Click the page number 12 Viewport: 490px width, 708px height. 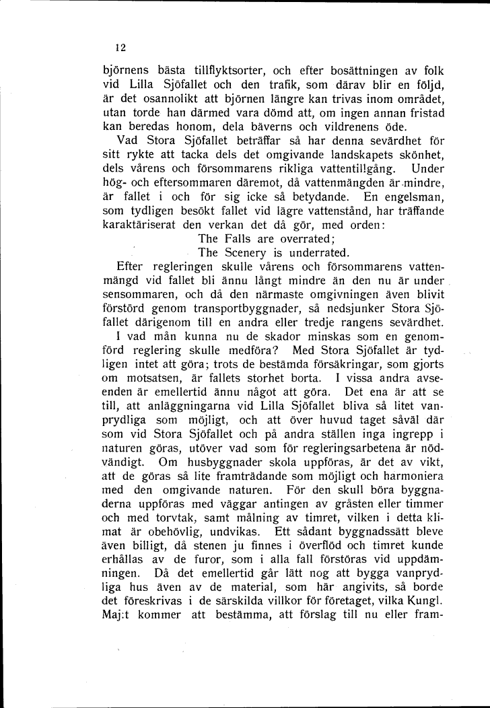point(120,48)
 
